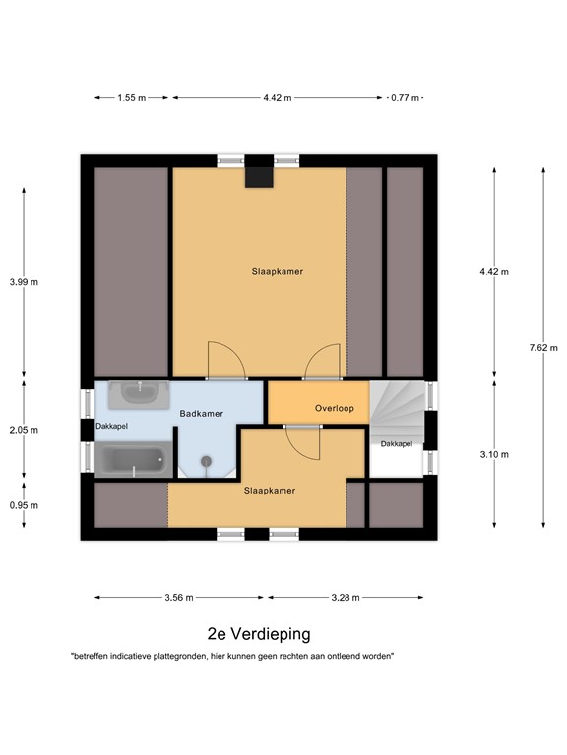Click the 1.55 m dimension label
(131, 98)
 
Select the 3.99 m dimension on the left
(24, 282)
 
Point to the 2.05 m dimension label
(24, 430)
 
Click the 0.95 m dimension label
(24, 505)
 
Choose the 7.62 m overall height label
(542, 347)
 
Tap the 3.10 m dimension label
(494, 454)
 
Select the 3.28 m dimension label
(345, 597)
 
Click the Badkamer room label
(201, 414)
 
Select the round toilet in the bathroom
(206, 463)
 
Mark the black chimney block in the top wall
(259, 171)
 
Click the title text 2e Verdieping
(258, 635)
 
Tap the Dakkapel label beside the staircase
(396, 444)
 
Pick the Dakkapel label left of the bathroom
(111, 426)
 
